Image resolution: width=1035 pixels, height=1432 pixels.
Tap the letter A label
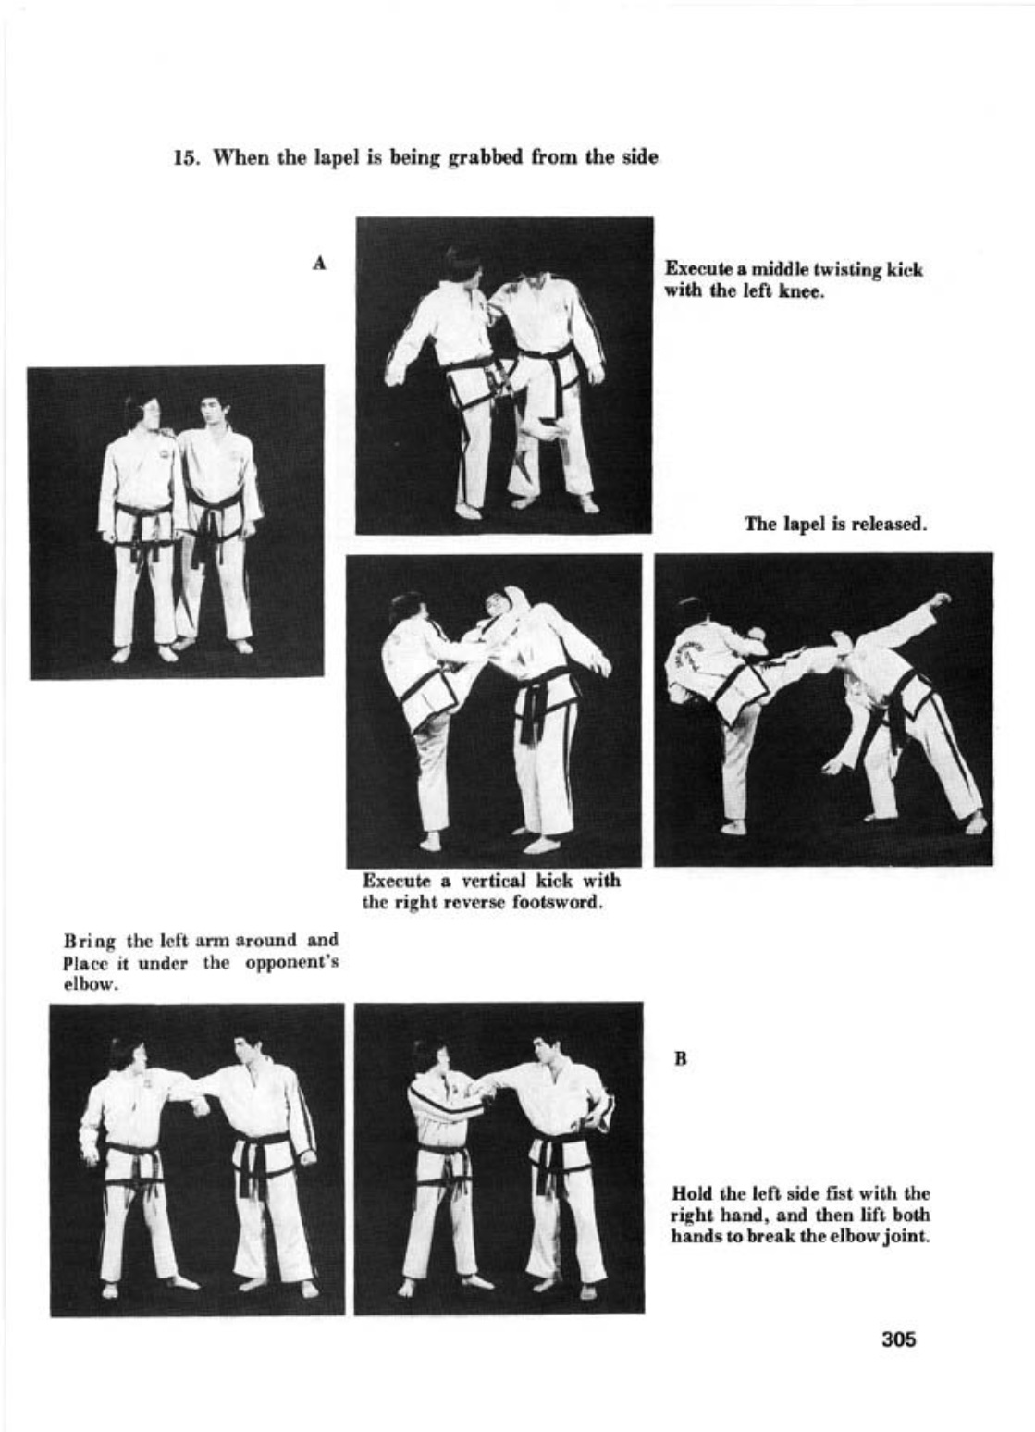(x=320, y=263)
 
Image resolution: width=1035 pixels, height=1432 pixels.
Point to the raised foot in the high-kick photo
(x=940, y=600)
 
